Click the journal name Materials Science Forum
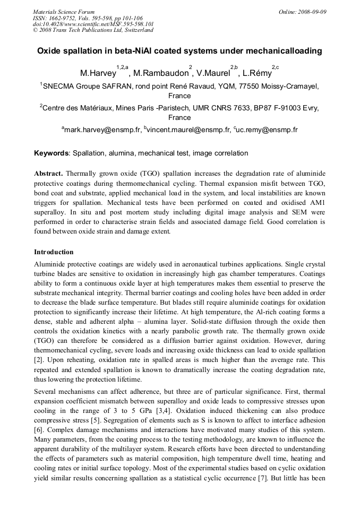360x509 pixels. pyautogui.click(x=64, y=11)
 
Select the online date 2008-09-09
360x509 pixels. pyautogui.click(x=314, y=11)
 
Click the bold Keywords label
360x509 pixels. pyautogui.click(x=52, y=153)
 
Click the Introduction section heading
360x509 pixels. pyautogui.click(x=54, y=252)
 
